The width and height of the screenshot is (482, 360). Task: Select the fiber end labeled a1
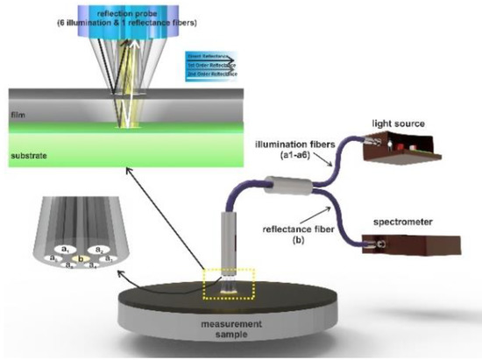pyautogui.click(x=66, y=250)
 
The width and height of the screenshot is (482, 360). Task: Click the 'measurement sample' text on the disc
pyautogui.click(x=236, y=331)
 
